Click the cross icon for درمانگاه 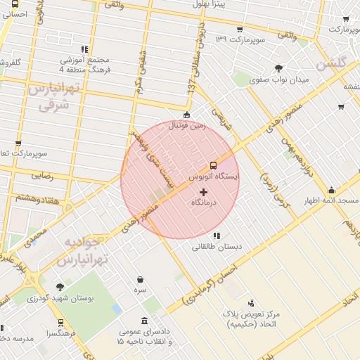click(204, 192)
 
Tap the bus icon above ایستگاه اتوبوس click(214, 166)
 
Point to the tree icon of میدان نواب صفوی click(279, 68)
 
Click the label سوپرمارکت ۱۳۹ click(240, 39)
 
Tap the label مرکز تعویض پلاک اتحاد click(251, 317)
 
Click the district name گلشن click(333, 63)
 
